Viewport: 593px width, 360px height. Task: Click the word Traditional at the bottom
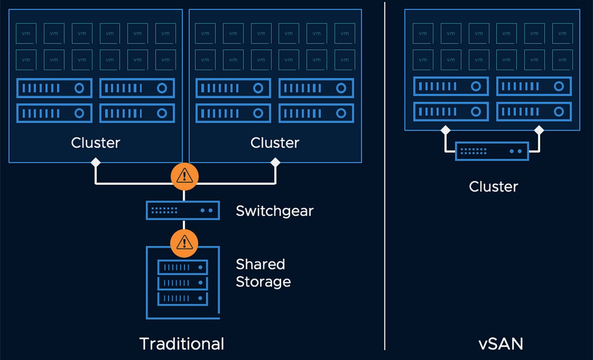(182, 344)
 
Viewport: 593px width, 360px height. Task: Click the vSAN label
(501, 344)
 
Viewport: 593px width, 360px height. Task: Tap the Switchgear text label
(275, 211)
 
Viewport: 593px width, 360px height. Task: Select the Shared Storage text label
(263, 273)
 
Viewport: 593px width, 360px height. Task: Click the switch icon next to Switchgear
(183, 210)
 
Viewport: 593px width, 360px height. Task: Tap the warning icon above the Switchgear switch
(184, 175)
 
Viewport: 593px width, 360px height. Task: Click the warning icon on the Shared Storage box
(184, 242)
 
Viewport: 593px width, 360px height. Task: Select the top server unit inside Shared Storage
(183, 267)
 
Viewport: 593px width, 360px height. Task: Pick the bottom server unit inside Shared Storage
(183, 298)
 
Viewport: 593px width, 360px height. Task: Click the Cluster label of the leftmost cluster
(95, 143)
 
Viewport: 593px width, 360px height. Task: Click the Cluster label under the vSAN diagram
(493, 187)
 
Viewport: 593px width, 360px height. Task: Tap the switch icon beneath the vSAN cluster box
(492, 151)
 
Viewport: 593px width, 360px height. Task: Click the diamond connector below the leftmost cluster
(95, 162)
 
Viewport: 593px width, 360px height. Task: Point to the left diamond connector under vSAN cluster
(445, 130)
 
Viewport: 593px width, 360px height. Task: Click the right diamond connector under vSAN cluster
(539, 130)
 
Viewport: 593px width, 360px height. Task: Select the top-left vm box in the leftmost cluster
(26, 33)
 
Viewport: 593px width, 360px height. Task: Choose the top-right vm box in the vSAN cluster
(562, 34)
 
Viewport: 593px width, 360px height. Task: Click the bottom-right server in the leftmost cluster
(137, 113)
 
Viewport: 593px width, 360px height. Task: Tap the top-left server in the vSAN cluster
(451, 86)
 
